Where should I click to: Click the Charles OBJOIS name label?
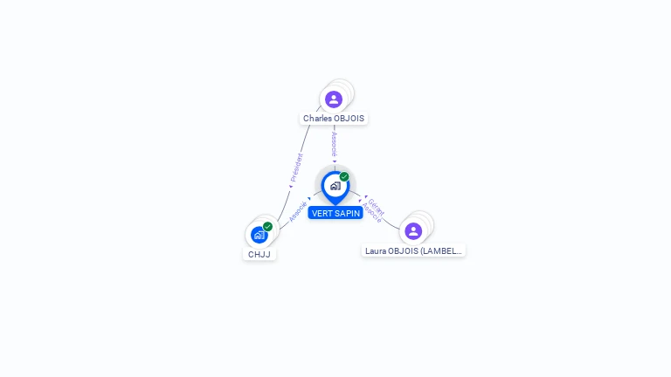click(334, 118)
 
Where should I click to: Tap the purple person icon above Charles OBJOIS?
click(334, 99)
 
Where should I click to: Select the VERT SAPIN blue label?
click(335, 213)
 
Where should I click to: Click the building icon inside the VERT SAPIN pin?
click(335, 185)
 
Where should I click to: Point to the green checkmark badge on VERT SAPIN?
click(344, 176)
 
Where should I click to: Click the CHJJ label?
click(259, 255)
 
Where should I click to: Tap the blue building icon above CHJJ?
click(259, 235)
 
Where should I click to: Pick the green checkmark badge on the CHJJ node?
click(267, 227)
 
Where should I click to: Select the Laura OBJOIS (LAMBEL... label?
click(413, 250)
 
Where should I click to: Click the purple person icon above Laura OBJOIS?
click(413, 230)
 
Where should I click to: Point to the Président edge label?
click(297, 167)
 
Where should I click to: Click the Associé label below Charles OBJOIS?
click(334, 144)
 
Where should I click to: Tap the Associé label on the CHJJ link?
click(298, 212)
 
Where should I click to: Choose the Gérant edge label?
click(377, 206)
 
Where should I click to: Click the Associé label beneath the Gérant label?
click(371, 214)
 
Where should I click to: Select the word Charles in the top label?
click(317, 118)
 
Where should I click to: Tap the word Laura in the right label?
click(376, 250)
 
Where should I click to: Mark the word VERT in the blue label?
click(320, 213)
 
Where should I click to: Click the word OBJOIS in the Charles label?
click(349, 118)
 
